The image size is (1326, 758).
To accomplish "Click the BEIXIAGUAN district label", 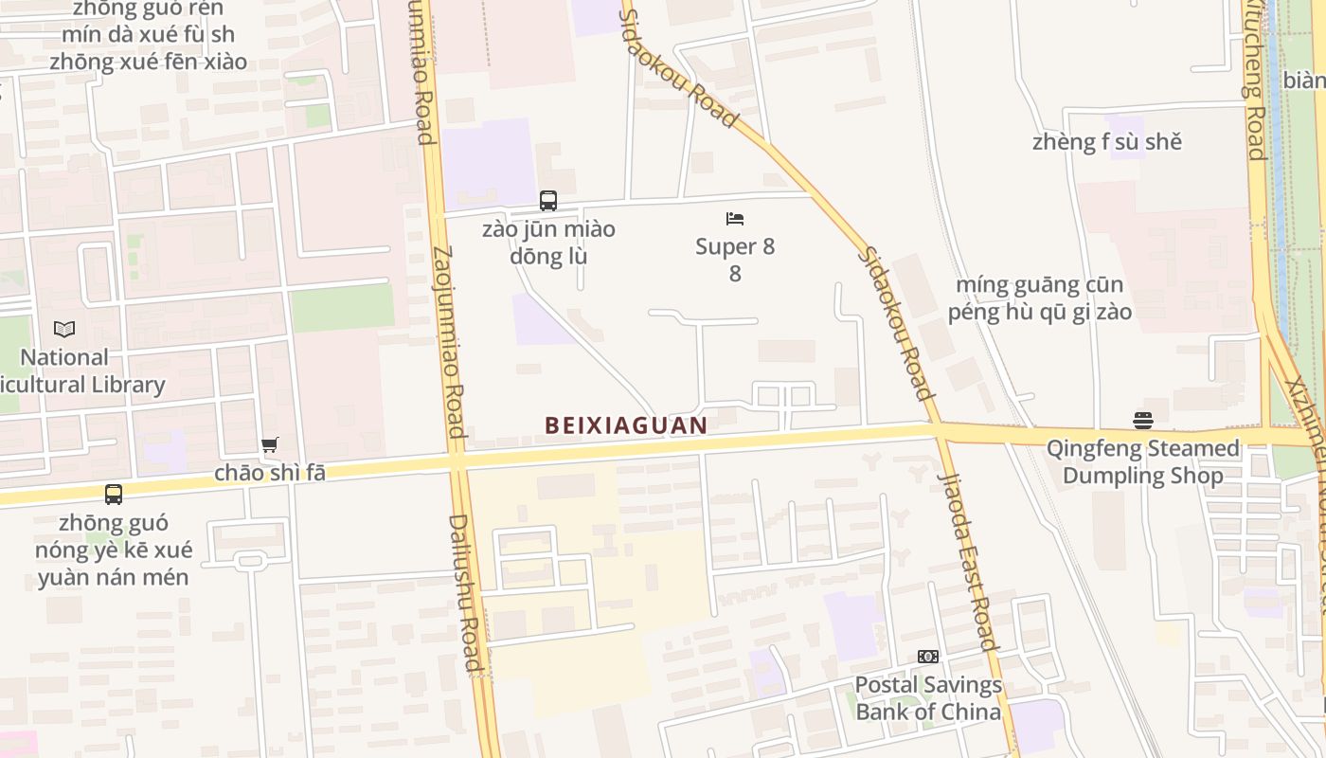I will pyautogui.click(x=626, y=425).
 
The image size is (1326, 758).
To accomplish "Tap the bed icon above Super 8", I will pyautogui.click(x=735, y=219).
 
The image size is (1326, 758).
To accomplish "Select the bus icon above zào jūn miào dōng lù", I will pyautogui.click(x=548, y=200).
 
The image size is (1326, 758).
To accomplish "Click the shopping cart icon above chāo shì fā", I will pyautogui.click(x=270, y=444).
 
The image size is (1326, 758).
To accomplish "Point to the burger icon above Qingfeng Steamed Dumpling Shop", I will pyautogui.click(x=1143, y=420).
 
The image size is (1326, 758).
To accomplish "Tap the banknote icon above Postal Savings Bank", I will pyautogui.click(x=928, y=657).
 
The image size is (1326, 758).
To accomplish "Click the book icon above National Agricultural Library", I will pyautogui.click(x=64, y=330).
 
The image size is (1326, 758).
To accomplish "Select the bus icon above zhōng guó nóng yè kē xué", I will pyautogui.click(x=114, y=494).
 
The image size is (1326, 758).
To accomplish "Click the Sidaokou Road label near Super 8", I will pyautogui.click(x=896, y=322).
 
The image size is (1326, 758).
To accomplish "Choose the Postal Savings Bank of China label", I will pyautogui.click(x=928, y=698).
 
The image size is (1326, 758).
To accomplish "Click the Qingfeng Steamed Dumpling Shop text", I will pyautogui.click(x=1142, y=461).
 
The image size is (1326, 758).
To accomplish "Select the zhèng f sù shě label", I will pyautogui.click(x=1107, y=142).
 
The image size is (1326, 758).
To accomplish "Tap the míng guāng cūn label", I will pyautogui.click(x=1040, y=285).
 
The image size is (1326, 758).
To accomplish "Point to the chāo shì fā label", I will pyautogui.click(x=270, y=472).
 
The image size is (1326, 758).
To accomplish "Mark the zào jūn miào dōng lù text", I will pyautogui.click(x=548, y=243).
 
